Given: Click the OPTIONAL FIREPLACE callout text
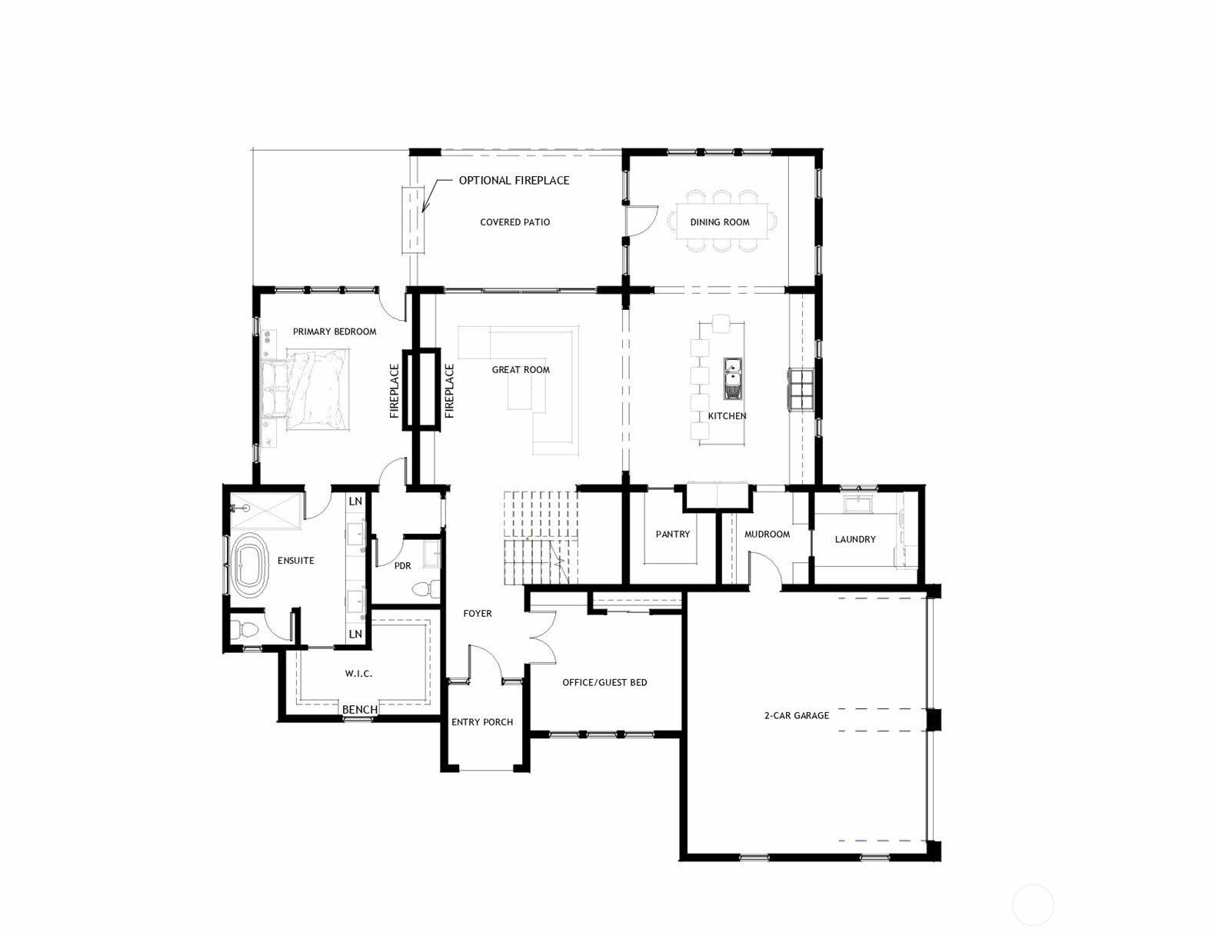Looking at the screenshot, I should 514,181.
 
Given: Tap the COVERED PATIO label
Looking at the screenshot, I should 514,222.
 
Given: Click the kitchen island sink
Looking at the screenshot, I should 733,378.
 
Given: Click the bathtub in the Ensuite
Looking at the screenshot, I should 249,567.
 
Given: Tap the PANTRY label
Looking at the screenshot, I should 672,535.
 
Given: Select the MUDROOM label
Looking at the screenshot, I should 767,535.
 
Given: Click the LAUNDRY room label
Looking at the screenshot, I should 855,540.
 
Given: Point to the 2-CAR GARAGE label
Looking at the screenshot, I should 796,716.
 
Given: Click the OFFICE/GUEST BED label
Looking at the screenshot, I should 604,683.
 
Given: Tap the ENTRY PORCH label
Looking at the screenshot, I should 482,722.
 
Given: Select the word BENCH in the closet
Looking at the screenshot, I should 359,710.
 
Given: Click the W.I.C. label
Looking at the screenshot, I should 358,674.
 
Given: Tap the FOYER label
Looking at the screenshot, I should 477,614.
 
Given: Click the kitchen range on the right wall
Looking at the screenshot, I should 801,390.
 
